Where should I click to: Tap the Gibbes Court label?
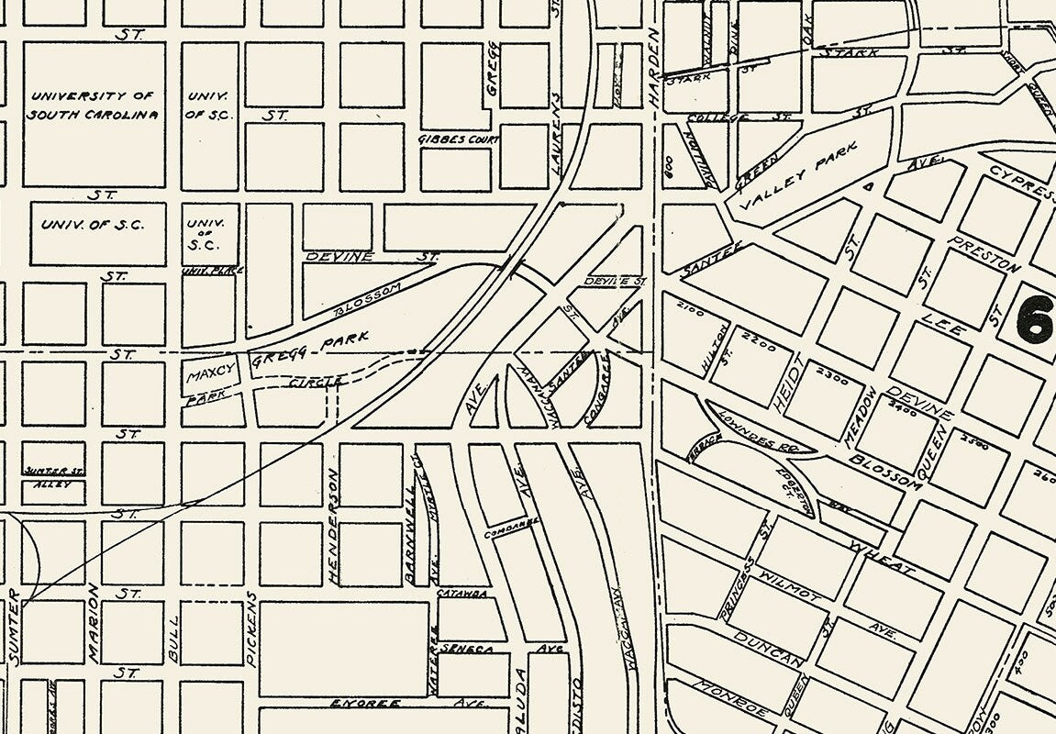coord(458,140)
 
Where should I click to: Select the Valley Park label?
coord(799,175)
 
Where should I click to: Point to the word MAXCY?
coord(211,373)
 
